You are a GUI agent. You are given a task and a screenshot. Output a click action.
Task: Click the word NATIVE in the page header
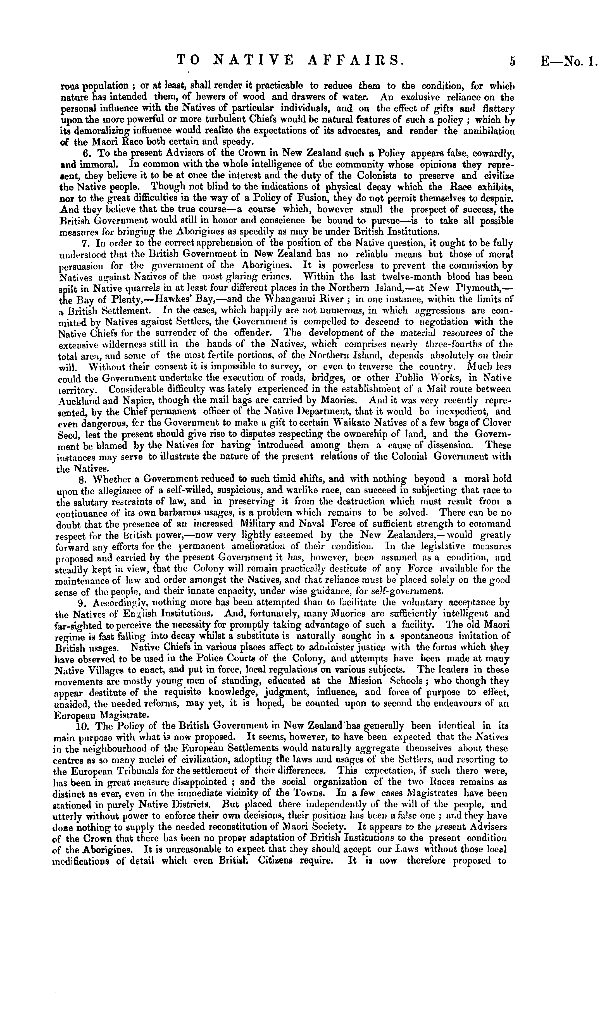click(254, 61)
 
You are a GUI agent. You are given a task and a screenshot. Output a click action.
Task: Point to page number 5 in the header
click(512, 61)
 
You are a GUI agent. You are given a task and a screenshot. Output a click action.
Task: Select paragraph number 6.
click(86, 154)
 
